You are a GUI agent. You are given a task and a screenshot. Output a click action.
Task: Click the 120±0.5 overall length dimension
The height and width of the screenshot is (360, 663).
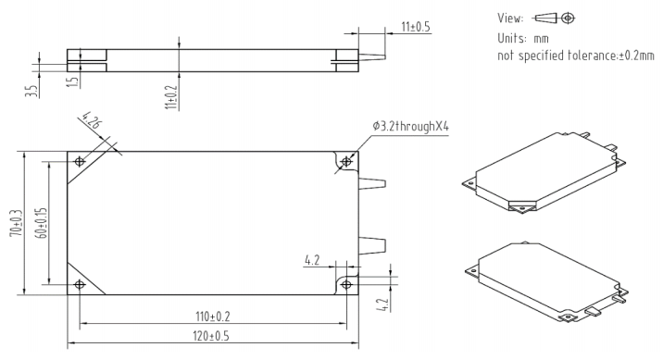pyautogui.click(x=211, y=336)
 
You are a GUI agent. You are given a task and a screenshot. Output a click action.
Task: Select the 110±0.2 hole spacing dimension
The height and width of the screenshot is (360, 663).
pyautogui.click(x=213, y=317)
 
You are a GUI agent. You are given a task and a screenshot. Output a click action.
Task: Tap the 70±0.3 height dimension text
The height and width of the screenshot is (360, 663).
pyautogui.click(x=18, y=222)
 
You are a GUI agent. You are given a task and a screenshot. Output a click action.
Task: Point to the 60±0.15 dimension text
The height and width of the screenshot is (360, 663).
pyautogui.click(x=43, y=222)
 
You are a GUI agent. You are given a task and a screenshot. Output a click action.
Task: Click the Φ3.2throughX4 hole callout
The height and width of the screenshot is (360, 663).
pyautogui.click(x=410, y=126)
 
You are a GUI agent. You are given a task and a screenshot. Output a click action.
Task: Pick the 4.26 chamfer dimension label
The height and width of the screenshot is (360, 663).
pyautogui.click(x=93, y=120)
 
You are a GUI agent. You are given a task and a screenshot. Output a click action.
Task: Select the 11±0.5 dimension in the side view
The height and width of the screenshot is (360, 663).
pyautogui.click(x=415, y=27)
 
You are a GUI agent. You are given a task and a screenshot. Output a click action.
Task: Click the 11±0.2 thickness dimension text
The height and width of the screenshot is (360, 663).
pyautogui.click(x=171, y=96)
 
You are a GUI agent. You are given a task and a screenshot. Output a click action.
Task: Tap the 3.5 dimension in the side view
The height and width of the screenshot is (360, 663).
pyautogui.click(x=31, y=92)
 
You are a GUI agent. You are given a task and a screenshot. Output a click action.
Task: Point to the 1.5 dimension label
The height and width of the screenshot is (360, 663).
pyautogui.click(x=73, y=81)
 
